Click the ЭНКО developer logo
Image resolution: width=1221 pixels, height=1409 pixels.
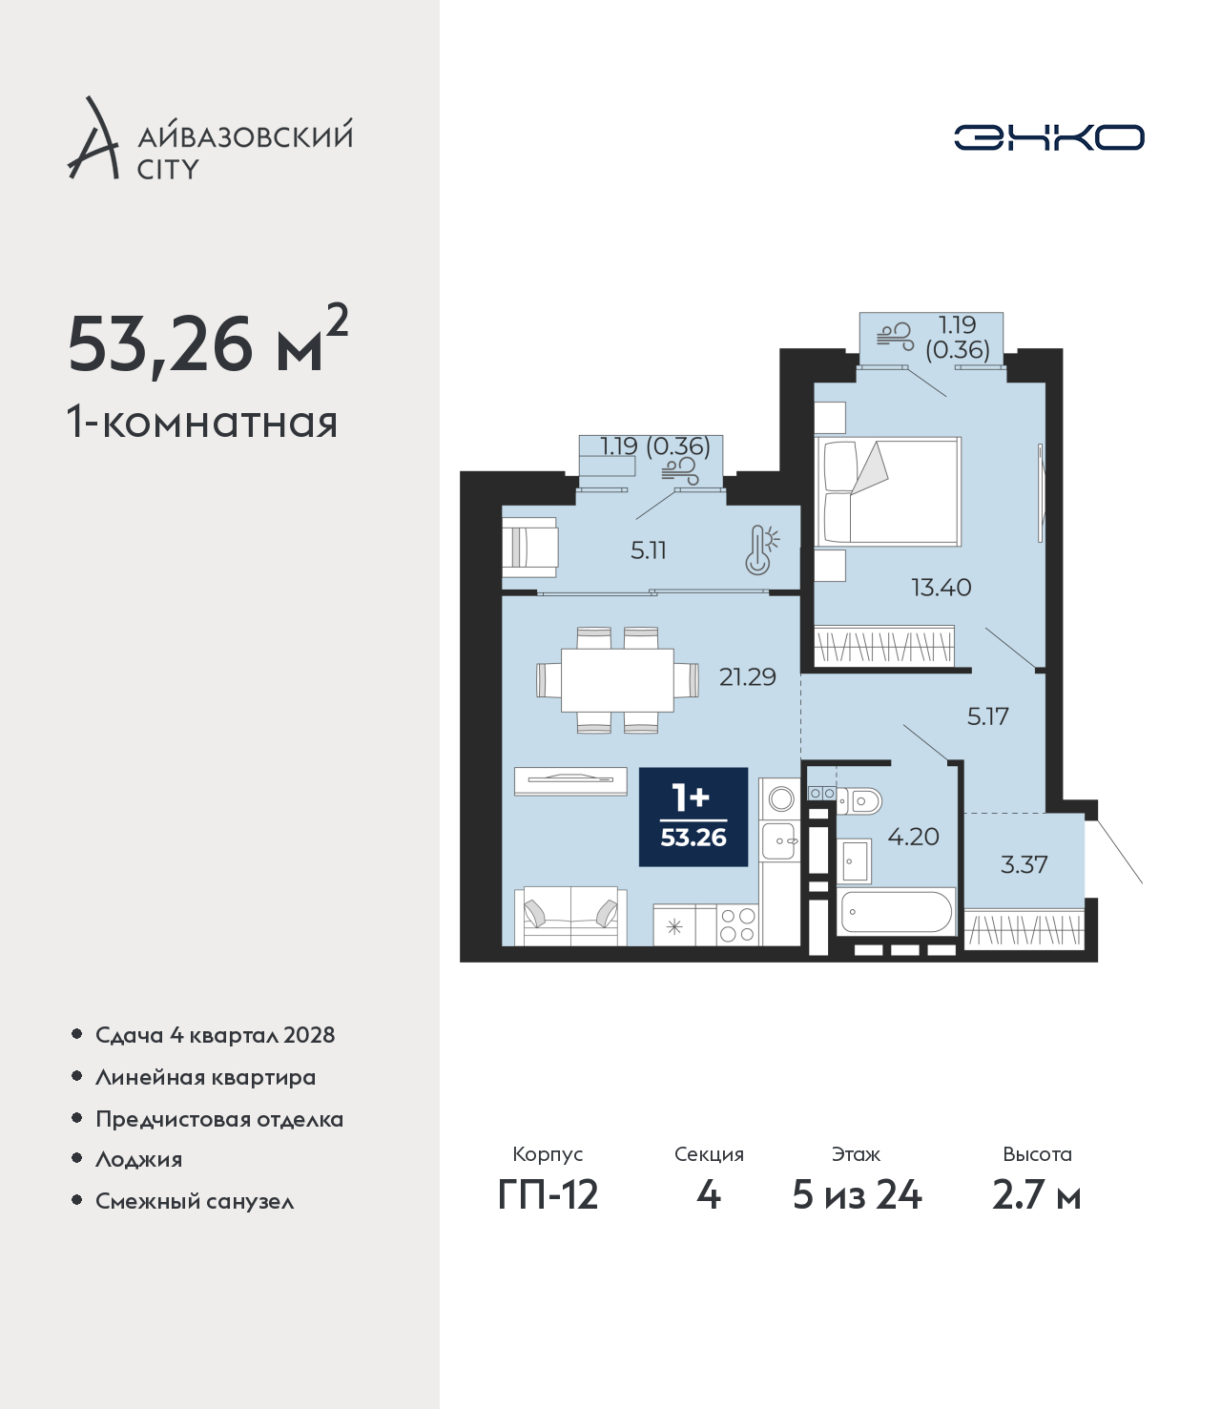coord(1048,137)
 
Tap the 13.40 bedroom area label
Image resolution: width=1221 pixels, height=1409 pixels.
coord(941,587)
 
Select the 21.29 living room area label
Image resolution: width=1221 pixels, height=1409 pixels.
coord(747,677)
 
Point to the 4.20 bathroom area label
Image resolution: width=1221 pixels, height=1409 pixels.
coord(913,837)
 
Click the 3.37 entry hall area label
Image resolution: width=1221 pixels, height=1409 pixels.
coord(1024,864)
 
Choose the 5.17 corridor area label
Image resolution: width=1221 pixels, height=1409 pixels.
coord(988,716)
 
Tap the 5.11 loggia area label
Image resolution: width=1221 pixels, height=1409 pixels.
coord(648,550)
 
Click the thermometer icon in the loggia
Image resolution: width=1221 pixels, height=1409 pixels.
coord(762,550)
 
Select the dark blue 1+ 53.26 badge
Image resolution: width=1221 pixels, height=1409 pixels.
coord(693,817)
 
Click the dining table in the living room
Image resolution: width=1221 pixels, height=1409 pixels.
coord(618,680)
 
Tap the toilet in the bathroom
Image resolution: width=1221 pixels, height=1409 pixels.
coord(859,801)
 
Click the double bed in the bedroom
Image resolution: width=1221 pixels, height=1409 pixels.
coord(888,491)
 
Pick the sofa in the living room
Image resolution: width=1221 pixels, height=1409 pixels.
coord(570,916)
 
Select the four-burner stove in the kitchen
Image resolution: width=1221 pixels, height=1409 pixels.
coord(737,925)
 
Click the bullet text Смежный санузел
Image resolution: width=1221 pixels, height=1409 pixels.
coord(195,1201)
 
